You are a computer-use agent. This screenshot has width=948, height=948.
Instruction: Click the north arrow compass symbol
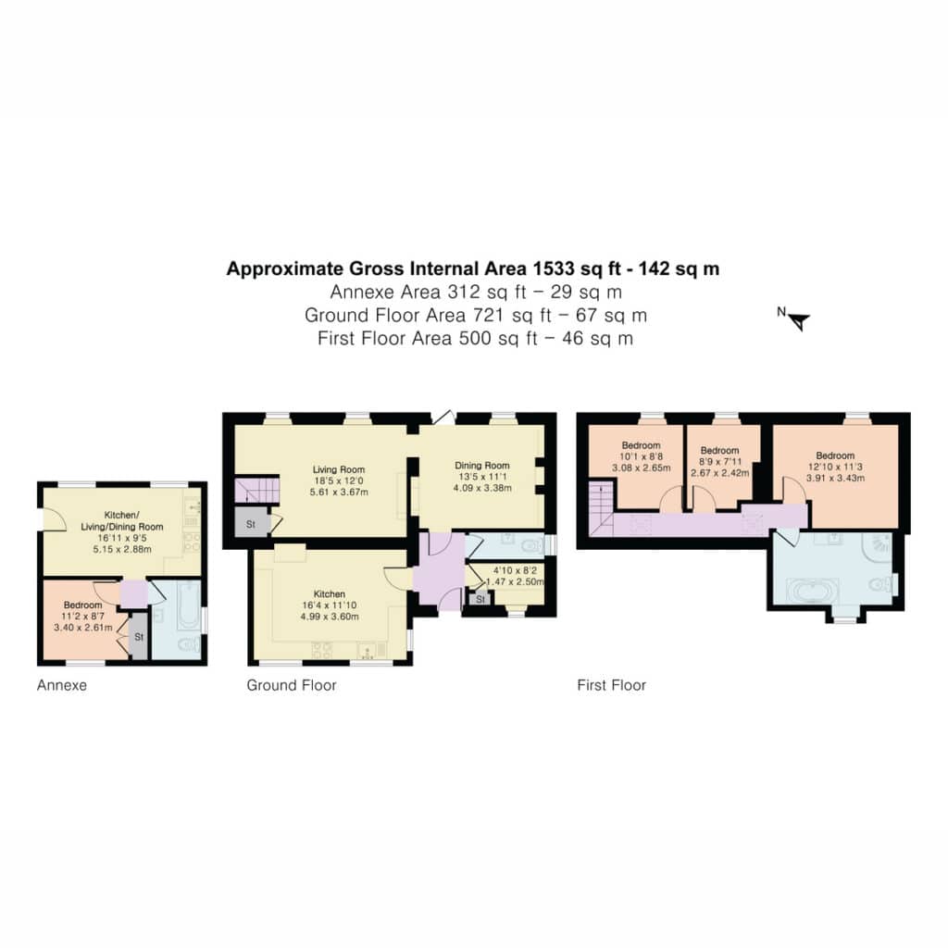[795, 319]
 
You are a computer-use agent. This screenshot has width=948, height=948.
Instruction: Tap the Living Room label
[339, 469]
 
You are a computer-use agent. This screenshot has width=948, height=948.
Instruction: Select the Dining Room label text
[481, 465]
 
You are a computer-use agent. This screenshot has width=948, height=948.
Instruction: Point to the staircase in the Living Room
[257, 491]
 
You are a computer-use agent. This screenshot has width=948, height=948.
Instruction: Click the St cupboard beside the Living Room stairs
[251, 524]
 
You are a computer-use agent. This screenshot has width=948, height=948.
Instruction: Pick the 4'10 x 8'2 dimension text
[515, 570]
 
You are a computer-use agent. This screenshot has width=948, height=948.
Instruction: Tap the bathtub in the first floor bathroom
[812, 592]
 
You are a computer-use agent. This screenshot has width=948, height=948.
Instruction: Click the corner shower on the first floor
[879, 544]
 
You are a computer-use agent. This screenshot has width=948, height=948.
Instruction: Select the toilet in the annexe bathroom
[188, 644]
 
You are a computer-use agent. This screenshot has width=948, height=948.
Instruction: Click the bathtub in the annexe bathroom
[189, 605]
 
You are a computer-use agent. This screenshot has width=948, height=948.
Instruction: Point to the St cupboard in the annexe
[139, 637]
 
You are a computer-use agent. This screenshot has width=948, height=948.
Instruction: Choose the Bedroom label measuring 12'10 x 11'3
[835, 455]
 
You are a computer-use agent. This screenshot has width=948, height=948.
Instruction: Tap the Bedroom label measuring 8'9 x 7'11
[719, 451]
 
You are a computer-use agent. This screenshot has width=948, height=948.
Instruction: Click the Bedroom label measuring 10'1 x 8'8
[641, 445]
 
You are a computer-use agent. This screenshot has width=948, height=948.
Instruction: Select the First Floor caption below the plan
[611, 685]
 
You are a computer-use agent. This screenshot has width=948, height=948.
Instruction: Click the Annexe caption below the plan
[62, 685]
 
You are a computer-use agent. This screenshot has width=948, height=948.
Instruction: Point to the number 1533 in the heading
[554, 268]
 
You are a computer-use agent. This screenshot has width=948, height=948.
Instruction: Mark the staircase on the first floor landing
[602, 508]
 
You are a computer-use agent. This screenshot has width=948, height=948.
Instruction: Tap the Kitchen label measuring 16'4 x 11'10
[330, 593]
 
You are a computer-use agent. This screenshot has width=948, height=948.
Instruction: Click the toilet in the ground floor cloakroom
[532, 546]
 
